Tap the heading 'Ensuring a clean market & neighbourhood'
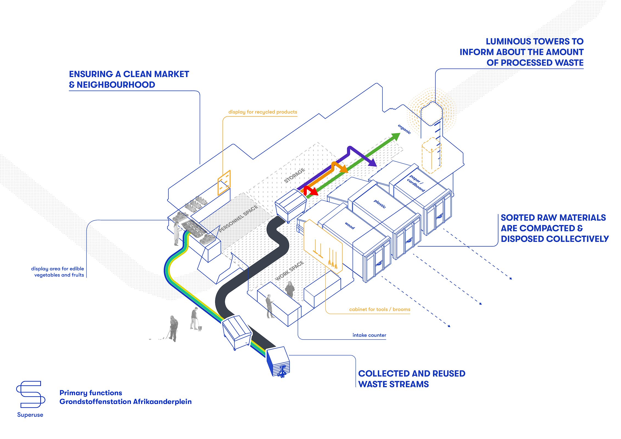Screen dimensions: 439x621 point(129,79)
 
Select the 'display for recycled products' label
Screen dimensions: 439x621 point(263,112)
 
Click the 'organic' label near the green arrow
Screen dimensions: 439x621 point(404,129)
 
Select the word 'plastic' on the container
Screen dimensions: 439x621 point(380,204)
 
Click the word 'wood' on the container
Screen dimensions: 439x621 point(350,226)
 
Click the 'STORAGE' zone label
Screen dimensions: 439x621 point(294,176)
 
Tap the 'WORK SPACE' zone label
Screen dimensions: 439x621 point(290,271)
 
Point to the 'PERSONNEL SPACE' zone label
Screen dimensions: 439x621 point(238,219)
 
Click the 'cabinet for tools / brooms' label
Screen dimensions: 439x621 point(380,309)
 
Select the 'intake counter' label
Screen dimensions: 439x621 point(369,335)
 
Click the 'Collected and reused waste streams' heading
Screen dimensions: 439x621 point(412,379)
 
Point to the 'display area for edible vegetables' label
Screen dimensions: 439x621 point(58,272)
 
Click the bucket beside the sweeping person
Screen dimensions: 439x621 point(199,328)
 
